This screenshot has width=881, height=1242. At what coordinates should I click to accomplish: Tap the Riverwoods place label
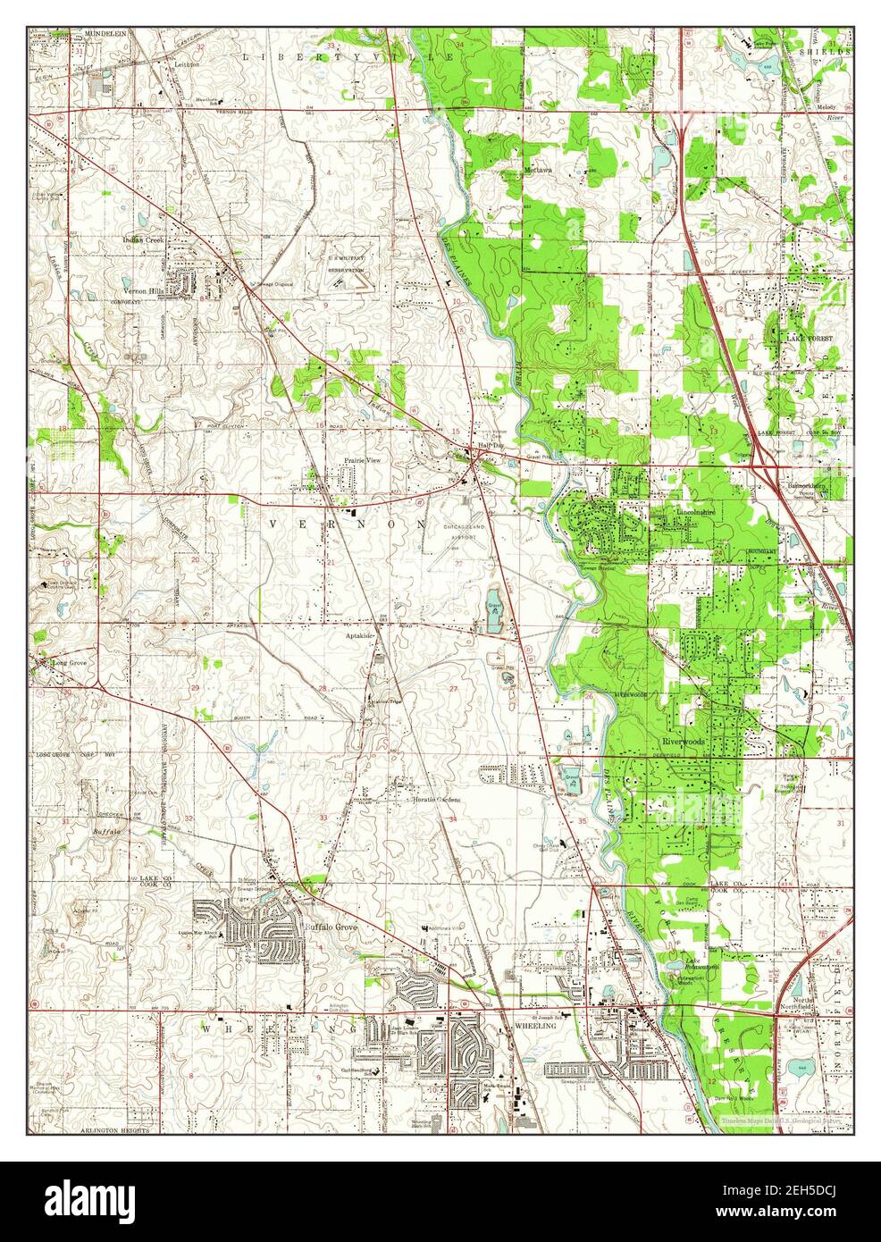click(x=684, y=742)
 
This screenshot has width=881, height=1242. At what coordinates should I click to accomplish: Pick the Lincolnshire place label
click(x=697, y=513)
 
